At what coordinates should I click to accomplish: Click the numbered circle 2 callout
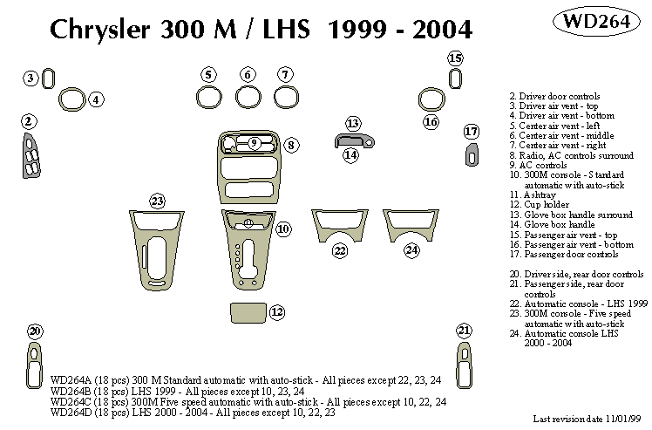28,120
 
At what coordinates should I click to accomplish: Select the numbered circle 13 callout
352,123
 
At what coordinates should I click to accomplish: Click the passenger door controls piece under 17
472,154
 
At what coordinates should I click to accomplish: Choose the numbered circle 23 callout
157,201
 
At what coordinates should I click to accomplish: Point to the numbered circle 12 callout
277,311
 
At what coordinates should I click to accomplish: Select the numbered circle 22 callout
339,251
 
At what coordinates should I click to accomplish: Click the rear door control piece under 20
35,361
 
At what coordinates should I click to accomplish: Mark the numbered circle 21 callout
463,330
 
